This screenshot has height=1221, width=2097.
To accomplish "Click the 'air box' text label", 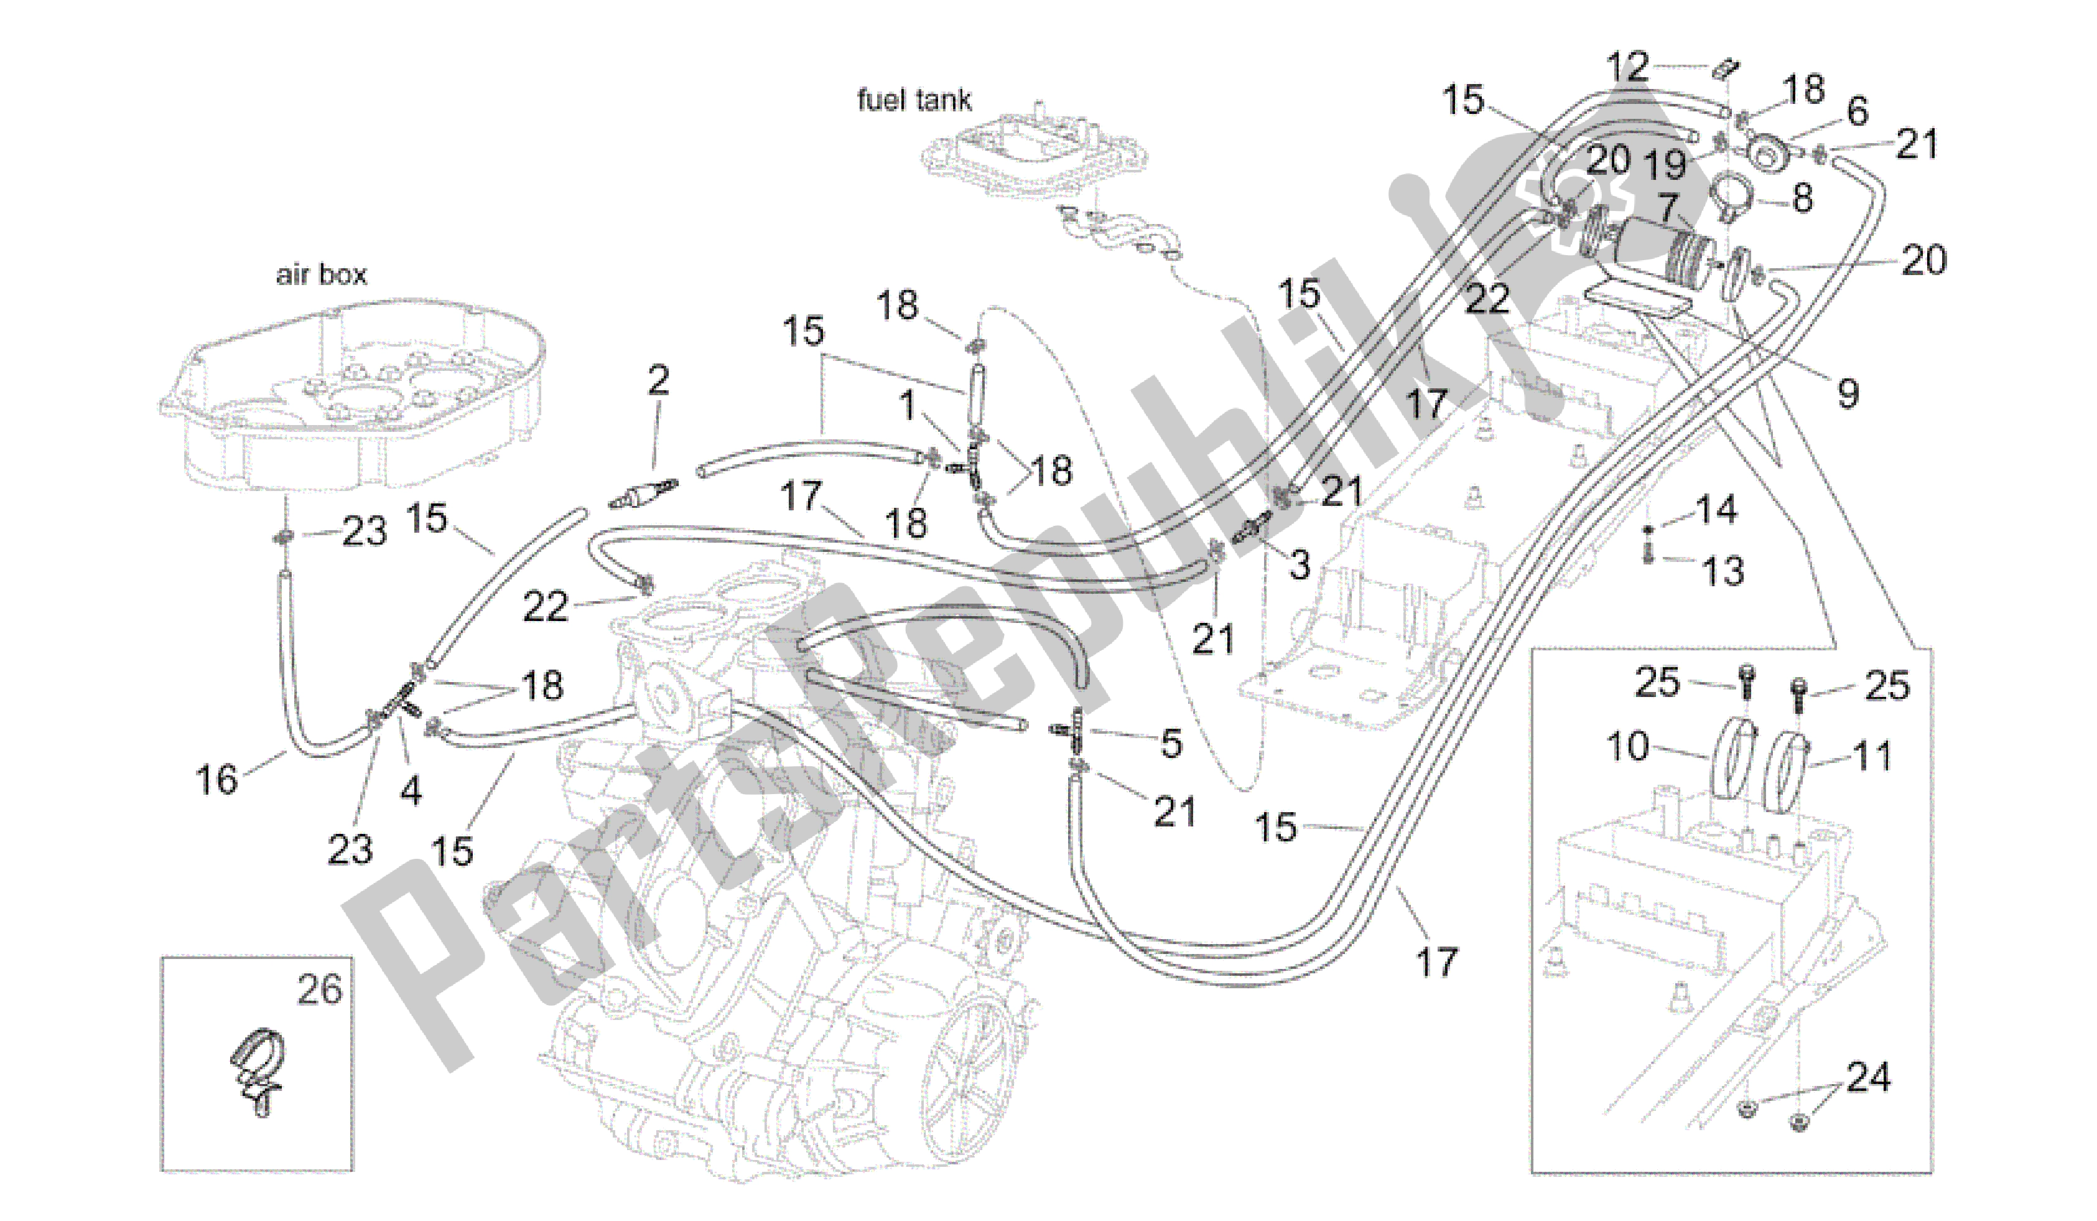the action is pos(321,274).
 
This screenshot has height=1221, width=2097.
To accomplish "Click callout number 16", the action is pos(216,779).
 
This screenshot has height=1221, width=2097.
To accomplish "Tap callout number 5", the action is pos(1171,743).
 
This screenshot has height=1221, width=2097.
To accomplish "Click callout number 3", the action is pos(1299,565).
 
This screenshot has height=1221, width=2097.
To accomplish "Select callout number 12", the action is pos(1627,67).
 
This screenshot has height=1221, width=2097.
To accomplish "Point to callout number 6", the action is pos(1858,111).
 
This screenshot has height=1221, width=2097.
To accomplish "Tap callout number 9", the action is pos(1848,393).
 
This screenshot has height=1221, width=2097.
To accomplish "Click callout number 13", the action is pos(1722,571).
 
